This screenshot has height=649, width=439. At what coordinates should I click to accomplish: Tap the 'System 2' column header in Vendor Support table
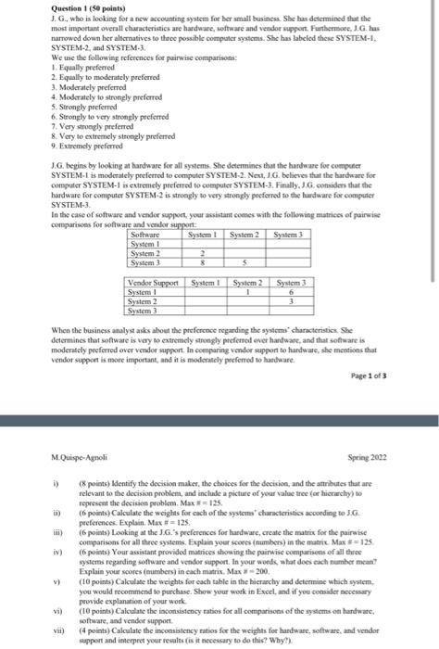click(248, 283)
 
